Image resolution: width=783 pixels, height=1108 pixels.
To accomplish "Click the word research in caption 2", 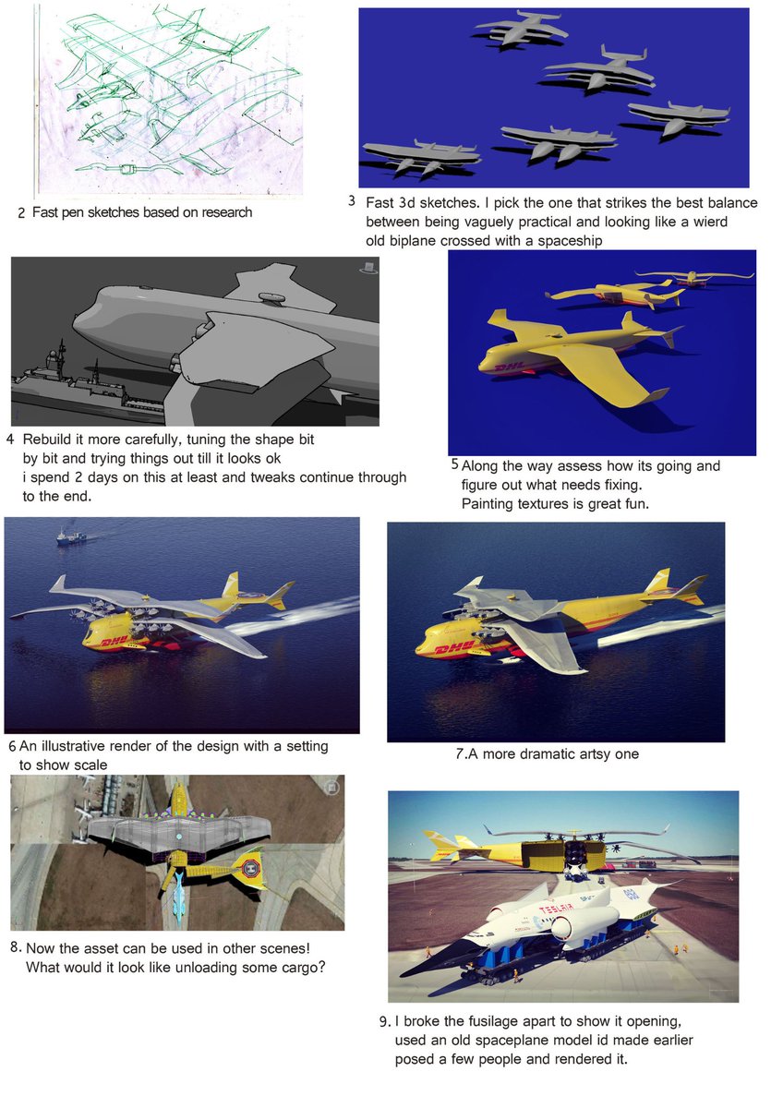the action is point(226,212).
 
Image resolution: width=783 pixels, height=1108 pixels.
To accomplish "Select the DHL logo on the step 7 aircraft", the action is point(454,647).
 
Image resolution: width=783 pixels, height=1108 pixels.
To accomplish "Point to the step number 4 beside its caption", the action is point(10,440).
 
